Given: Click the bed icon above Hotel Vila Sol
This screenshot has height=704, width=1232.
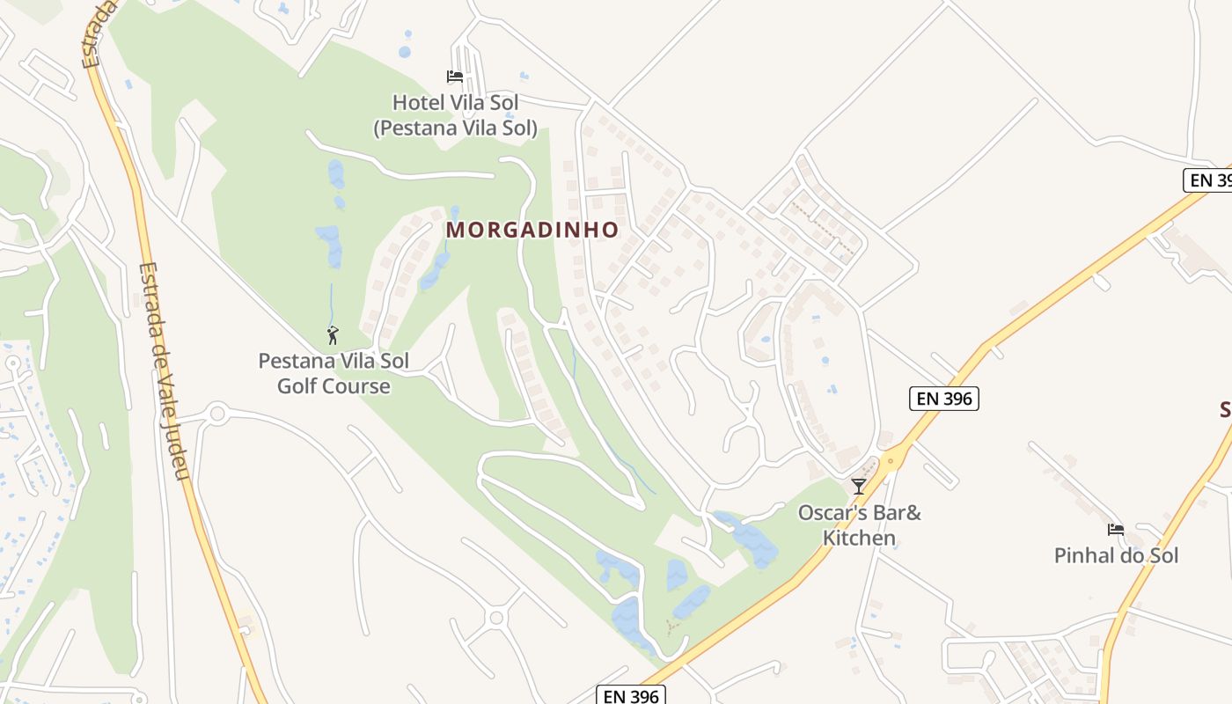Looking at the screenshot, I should coord(455,77).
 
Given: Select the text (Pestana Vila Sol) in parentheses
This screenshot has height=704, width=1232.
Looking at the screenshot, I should coord(455,128).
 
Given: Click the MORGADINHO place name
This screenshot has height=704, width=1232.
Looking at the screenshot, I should coord(532,231).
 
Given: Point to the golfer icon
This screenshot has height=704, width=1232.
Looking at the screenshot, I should coord(333,335).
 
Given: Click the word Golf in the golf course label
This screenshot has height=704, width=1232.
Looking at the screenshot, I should coord(297,386).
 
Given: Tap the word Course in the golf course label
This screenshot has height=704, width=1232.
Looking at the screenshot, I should coord(356,386).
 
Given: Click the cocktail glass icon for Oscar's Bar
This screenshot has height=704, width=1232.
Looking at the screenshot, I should coord(859,486).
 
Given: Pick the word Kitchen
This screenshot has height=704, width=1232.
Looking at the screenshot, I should coord(859,538).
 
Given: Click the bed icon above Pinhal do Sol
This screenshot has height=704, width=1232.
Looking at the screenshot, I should coord(1116,530).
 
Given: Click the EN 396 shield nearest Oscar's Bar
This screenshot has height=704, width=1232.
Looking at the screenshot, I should coord(943,399).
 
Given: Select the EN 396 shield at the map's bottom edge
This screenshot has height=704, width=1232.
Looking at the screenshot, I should coord(631,695).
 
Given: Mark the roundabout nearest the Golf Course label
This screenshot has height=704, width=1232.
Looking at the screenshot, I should coord(216,413).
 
